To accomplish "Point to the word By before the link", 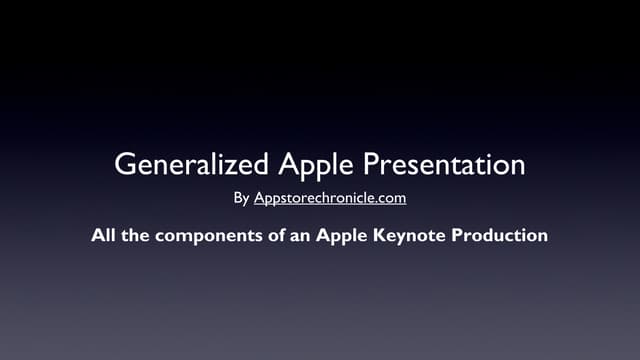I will pos(241,198).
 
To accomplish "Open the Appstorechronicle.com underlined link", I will pos(330,198).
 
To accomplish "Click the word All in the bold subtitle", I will pos(104,237).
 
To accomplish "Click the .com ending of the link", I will pos(390,198).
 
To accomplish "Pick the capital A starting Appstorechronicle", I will pos(259,197).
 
